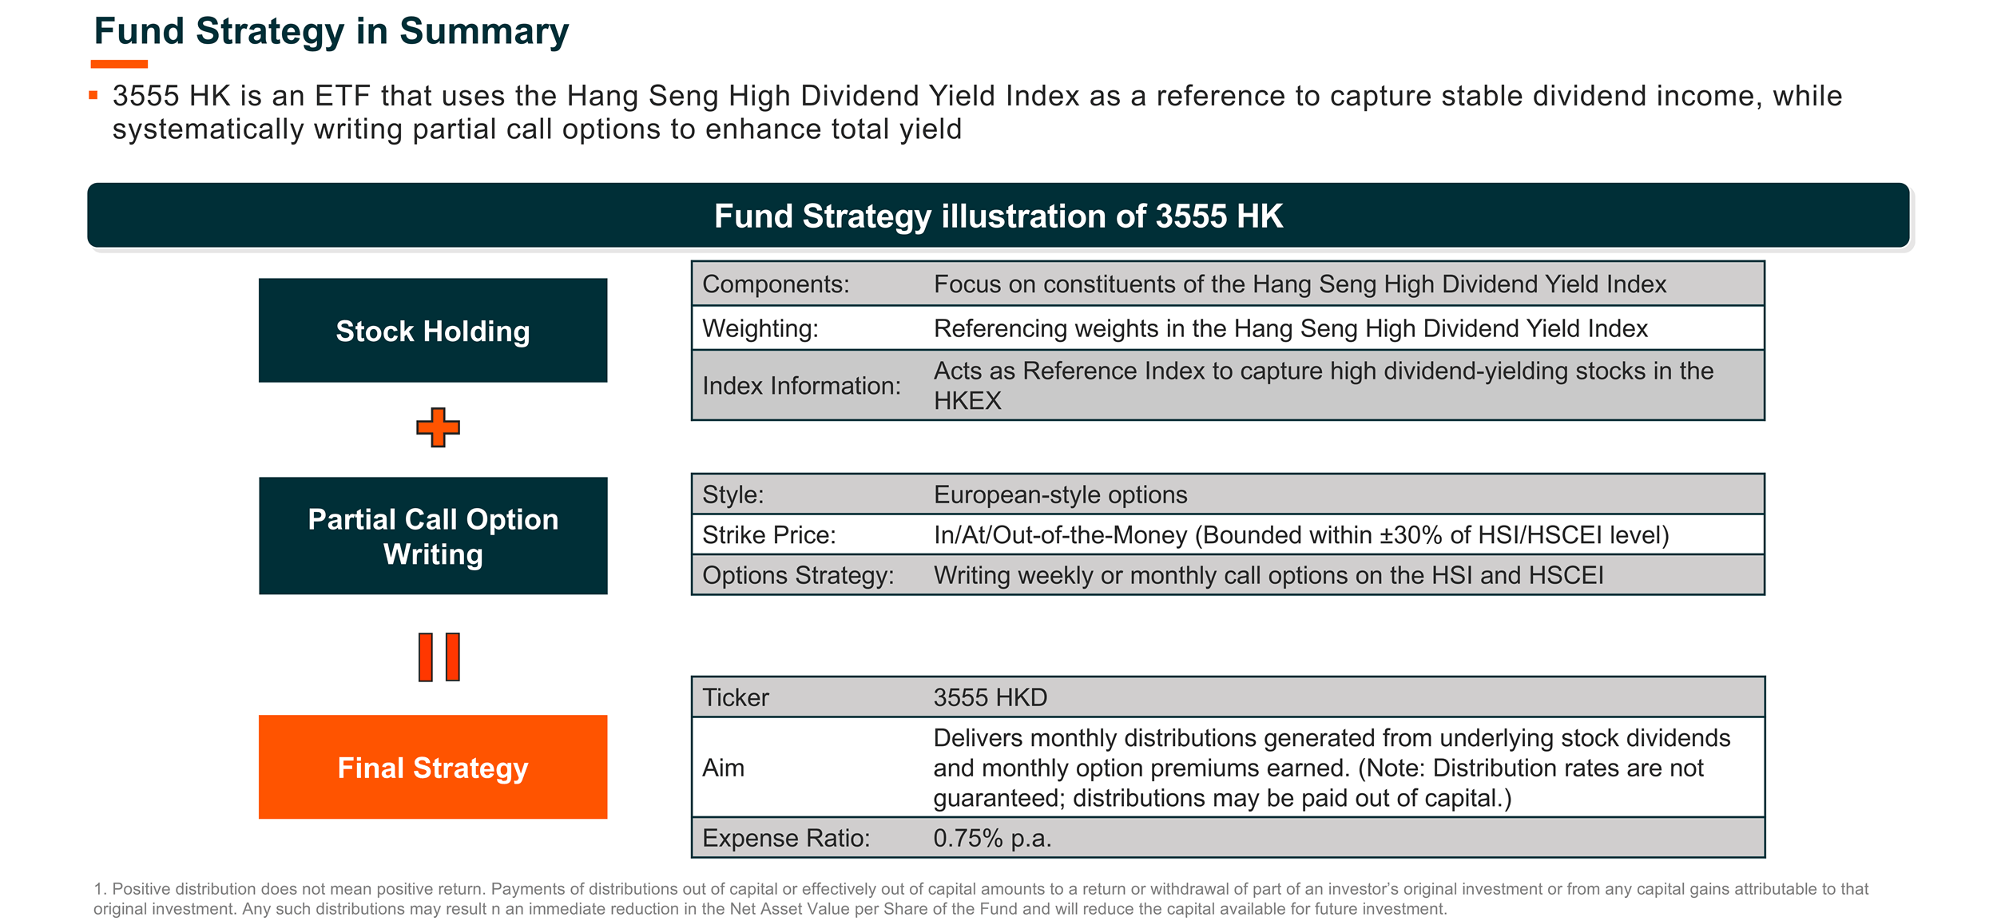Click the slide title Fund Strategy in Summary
coord(332,31)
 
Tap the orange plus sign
coord(438,427)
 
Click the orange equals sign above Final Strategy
coord(439,657)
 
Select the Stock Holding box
coord(433,330)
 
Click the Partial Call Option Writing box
coord(433,536)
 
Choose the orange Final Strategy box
coord(433,767)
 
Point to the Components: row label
coord(776,284)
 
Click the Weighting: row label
coord(760,328)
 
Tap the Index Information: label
coord(801,386)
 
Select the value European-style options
coord(1060,494)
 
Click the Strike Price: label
coord(769,534)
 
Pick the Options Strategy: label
coord(798,575)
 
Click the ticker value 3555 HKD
coord(990,697)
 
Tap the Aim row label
coord(723,768)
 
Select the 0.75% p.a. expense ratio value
coord(992,838)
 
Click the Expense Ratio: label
coord(786,838)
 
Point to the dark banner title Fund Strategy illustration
coord(998,216)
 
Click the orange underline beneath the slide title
coord(119,64)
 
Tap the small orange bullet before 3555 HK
coord(93,95)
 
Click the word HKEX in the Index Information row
coord(967,400)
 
